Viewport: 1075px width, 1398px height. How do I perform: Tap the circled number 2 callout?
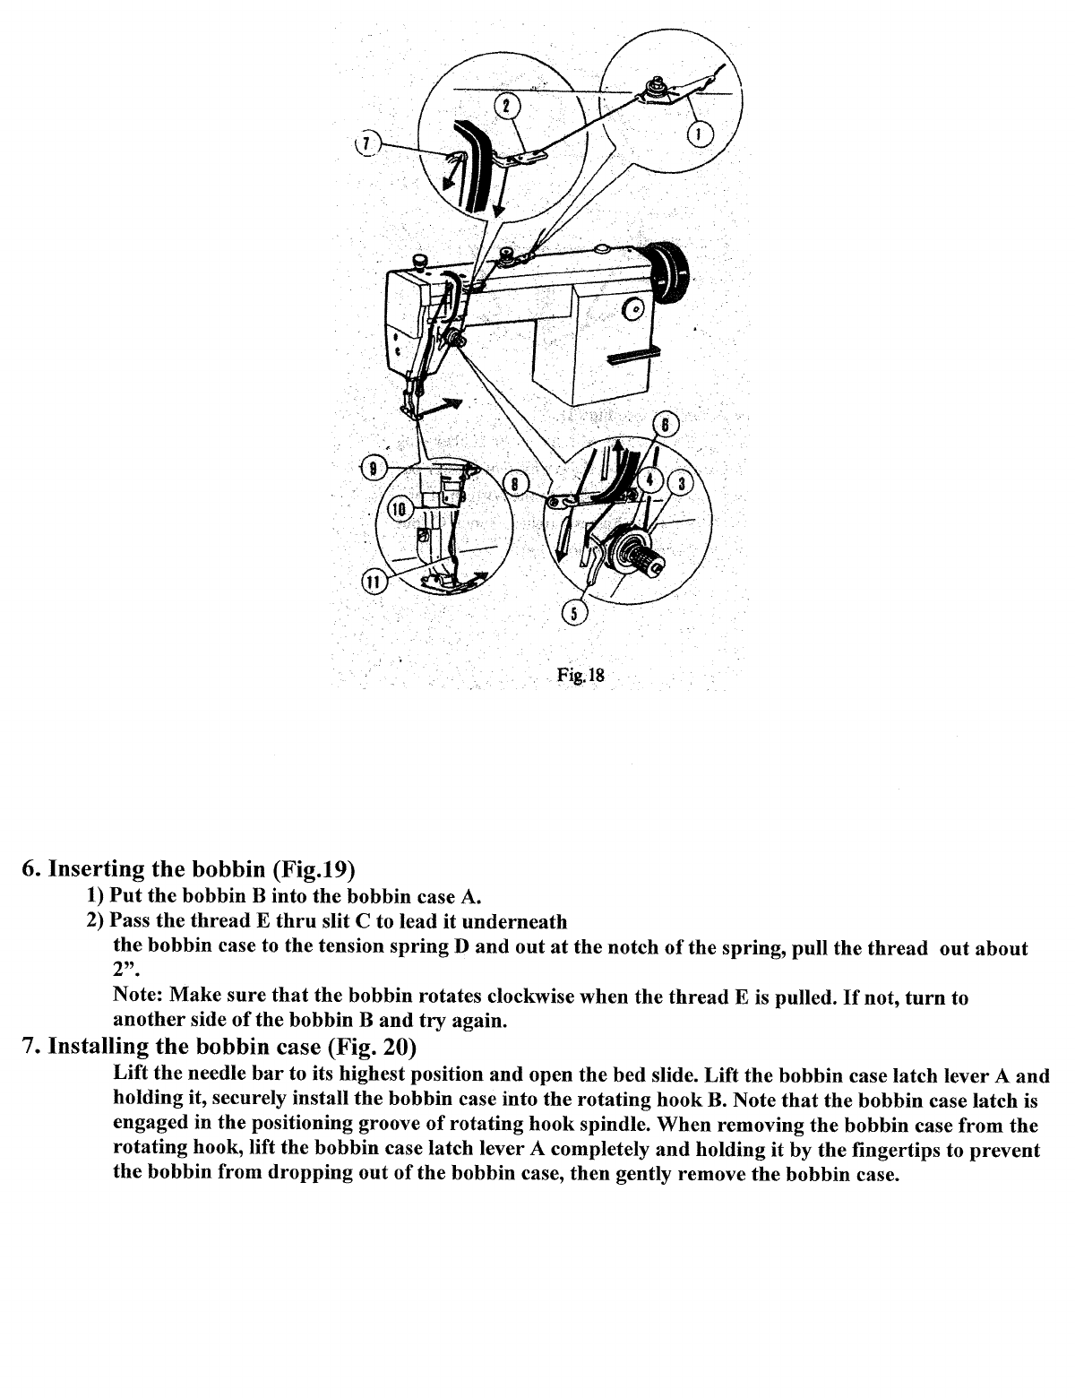506,106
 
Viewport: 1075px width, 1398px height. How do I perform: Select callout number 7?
365,143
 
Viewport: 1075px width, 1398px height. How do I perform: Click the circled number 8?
515,484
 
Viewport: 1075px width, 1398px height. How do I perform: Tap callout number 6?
667,425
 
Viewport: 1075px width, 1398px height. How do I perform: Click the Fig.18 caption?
580,676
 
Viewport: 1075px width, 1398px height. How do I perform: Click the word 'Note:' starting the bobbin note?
139,997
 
